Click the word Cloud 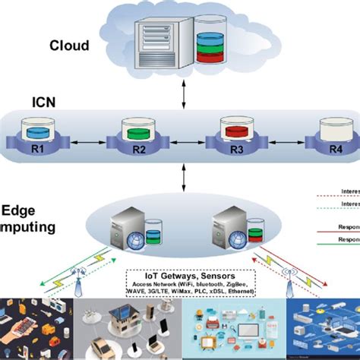(70, 46)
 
